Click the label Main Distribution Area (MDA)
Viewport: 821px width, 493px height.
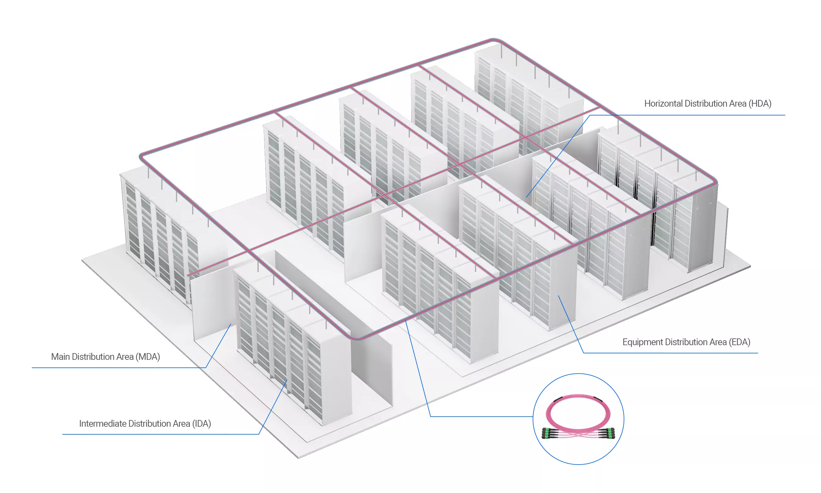click(x=106, y=357)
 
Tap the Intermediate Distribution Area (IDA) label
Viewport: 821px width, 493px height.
click(x=145, y=424)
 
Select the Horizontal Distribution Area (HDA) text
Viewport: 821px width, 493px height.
click(x=708, y=104)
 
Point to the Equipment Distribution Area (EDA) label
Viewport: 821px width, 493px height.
click(x=686, y=342)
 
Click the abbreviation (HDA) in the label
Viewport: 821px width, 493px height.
click(x=760, y=104)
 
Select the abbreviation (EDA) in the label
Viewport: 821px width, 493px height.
click(x=740, y=342)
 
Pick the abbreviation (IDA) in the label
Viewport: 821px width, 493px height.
click(x=202, y=424)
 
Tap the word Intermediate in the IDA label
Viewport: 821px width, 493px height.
click(x=103, y=424)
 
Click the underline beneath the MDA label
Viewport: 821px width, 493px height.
click(x=119, y=368)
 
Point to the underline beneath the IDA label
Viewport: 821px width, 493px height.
click(x=161, y=434)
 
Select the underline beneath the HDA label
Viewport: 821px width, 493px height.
click(x=688, y=115)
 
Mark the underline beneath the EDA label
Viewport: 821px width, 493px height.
click(x=670, y=353)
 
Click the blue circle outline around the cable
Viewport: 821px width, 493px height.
click(x=578, y=374)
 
